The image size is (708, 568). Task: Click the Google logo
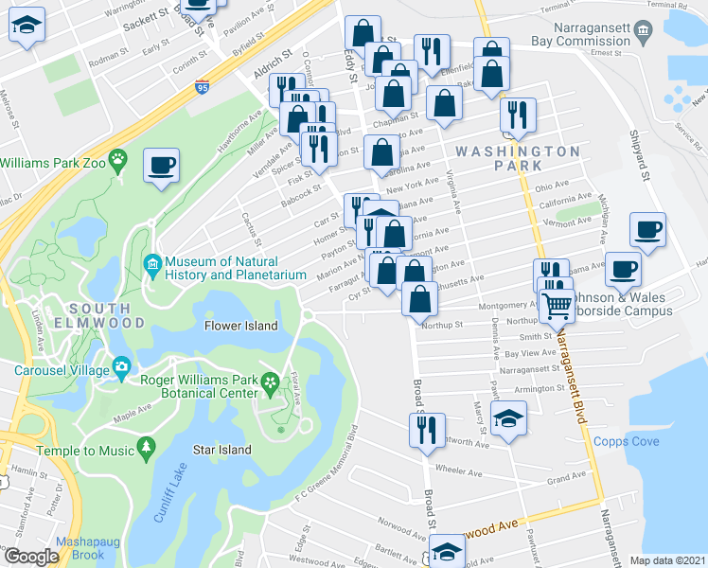[30, 557]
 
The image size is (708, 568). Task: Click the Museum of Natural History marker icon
[152, 262]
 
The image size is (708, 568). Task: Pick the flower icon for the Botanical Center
[271, 382]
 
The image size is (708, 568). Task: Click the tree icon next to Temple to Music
[145, 444]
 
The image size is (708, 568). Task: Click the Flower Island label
[241, 326]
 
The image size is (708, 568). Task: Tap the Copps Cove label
[622, 441]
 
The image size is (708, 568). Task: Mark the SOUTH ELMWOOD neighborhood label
[105, 315]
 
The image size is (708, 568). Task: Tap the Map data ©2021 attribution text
[666, 560]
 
